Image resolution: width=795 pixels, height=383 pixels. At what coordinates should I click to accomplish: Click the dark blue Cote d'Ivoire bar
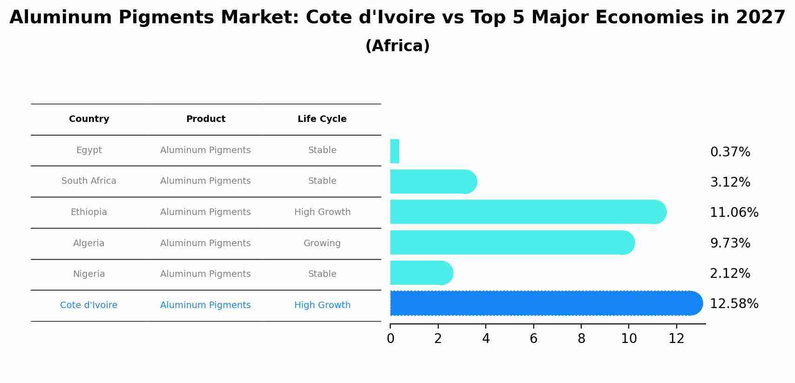tap(545, 303)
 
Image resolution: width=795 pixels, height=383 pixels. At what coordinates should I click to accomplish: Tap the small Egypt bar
tap(394, 152)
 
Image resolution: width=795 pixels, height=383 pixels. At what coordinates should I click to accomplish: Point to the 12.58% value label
tap(734, 304)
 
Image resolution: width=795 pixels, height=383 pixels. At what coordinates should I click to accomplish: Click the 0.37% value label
tap(730, 152)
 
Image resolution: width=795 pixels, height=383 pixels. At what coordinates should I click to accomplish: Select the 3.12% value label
tap(730, 182)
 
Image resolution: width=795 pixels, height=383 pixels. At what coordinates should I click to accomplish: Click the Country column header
tap(89, 119)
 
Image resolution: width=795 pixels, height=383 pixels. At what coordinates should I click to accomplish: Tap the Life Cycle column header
tap(322, 119)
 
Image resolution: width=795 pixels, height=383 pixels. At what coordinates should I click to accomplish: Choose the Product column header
tap(205, 119)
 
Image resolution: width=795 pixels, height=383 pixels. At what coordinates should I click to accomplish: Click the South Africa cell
tap(89, 181)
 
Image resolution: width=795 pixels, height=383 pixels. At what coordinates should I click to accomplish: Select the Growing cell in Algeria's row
tap(322, 243)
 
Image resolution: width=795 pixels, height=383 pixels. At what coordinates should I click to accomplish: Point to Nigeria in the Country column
tap(89, 274)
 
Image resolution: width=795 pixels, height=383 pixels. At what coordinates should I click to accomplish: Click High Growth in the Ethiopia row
tap(322, 212)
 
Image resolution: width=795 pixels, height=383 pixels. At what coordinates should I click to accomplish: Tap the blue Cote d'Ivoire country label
tap(89, 305)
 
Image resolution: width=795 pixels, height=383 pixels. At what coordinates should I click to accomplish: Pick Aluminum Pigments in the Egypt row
tap(205, 150)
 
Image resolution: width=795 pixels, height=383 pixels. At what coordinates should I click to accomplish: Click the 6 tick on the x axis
tap(533, 338)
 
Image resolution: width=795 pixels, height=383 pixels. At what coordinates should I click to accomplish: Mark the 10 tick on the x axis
tap(629, 338)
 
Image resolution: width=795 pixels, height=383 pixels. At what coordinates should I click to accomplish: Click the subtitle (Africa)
tap(397, 46)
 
